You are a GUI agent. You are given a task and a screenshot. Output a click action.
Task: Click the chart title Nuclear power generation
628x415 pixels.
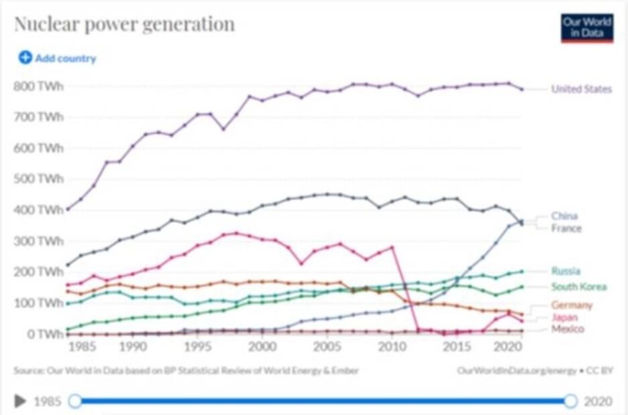coord(125,25)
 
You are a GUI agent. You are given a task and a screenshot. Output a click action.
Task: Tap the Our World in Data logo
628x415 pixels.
coord(586,28)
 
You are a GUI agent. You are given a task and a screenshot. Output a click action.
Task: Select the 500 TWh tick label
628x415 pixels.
coord(38,179)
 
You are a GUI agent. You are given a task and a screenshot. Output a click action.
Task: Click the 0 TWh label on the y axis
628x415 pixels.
coord(44,333)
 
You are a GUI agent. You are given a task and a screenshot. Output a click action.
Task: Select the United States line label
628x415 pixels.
coord(581,89)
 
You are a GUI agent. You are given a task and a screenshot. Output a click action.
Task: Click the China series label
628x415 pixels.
coord(564,216)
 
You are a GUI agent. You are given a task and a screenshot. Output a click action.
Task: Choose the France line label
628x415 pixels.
coord(566,228)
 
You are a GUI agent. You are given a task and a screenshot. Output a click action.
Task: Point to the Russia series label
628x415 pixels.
coord(566,271)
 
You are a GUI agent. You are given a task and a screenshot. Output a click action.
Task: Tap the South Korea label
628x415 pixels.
coord(579,287)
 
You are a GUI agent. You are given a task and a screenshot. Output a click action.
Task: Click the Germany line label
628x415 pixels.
coord(572,305)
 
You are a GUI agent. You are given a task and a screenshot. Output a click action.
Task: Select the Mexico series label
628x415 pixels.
coord(567,329)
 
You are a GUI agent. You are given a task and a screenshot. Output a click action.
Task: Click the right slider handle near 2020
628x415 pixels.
coord(570,401)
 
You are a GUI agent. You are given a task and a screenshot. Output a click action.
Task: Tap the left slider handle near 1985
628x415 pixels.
coord(75,401)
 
